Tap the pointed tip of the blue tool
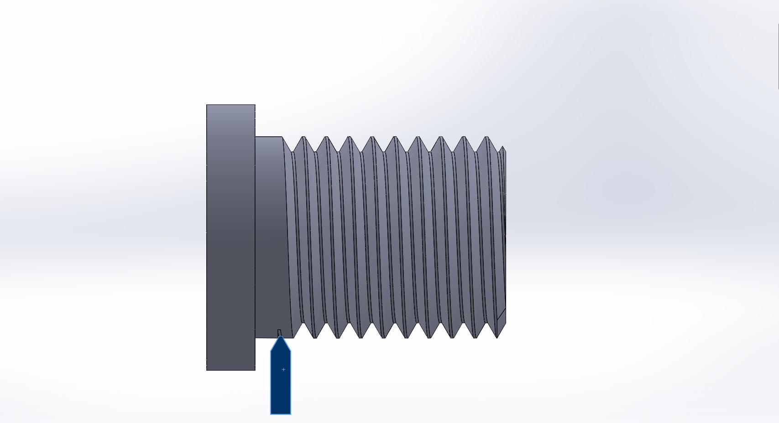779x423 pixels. click(281, 337)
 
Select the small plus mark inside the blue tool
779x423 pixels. click(283, 369)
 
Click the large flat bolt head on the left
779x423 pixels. click(230, 237)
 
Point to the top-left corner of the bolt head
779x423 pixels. click(207, 105)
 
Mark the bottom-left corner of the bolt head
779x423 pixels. click(207, 370)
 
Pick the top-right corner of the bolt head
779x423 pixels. click(255, 105)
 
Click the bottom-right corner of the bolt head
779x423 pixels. click(255, 370)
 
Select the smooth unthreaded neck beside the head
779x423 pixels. click(270, 237)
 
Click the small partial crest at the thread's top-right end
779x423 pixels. click(502, 147)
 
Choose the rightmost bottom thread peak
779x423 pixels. click(497, 338)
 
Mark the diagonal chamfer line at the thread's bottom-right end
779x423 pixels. click(501, 315)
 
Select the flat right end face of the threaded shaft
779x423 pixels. click(504, 237)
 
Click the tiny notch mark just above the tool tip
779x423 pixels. click(279, 332)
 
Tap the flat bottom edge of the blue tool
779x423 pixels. click(281, 414)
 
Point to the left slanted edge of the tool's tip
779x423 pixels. click(275, 344)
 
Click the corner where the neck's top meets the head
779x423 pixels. click(255, 137)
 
